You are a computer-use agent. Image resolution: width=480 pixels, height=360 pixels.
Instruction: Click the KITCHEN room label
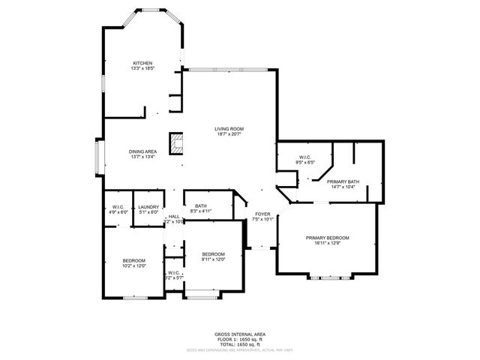pos(142,63)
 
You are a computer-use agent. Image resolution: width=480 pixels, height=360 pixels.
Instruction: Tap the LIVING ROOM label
pos(229,129)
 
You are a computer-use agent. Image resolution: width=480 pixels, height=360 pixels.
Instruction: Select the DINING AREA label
pos(142,151)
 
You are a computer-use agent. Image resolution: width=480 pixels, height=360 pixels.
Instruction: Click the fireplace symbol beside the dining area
pos(177,143)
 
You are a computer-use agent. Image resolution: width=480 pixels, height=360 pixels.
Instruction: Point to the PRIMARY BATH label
pos(343,181)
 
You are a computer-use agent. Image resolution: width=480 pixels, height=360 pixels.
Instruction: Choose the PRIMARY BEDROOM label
pos(327,238)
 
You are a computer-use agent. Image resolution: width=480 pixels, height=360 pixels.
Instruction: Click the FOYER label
pos(262,214)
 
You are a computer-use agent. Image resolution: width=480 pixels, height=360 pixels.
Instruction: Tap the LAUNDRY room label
pos(148,206)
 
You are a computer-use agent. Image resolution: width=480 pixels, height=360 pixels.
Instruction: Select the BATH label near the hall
pos(201,206)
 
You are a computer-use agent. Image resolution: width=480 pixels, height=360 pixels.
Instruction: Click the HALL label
pos(173,217)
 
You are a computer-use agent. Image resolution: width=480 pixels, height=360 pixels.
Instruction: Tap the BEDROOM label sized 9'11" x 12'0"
pos(214,254)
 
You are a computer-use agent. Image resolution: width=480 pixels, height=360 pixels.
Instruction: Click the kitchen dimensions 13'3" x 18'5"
pos(142,68)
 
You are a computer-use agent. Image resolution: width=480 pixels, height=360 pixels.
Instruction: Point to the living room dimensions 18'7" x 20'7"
pos(229,134)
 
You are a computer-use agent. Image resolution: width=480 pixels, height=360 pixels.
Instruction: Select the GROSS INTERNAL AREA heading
pos(240,334)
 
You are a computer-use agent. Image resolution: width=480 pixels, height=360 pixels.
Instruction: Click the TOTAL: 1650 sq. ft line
pos(240,344)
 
